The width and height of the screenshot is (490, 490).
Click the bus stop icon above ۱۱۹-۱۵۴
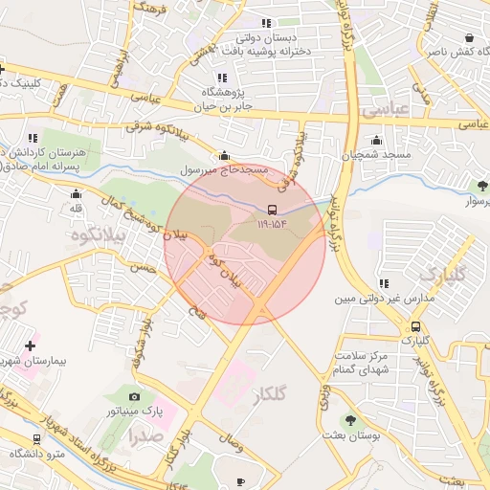272,209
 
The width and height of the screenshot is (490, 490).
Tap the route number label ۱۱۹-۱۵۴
272,225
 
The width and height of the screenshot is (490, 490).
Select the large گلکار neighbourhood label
273,395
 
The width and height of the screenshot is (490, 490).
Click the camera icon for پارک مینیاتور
134,396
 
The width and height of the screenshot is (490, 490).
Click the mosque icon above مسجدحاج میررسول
225,155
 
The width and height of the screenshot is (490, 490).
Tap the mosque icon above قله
76,193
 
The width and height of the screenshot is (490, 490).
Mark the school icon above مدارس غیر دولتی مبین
383,283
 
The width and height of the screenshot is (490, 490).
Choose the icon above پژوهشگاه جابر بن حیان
222,78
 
